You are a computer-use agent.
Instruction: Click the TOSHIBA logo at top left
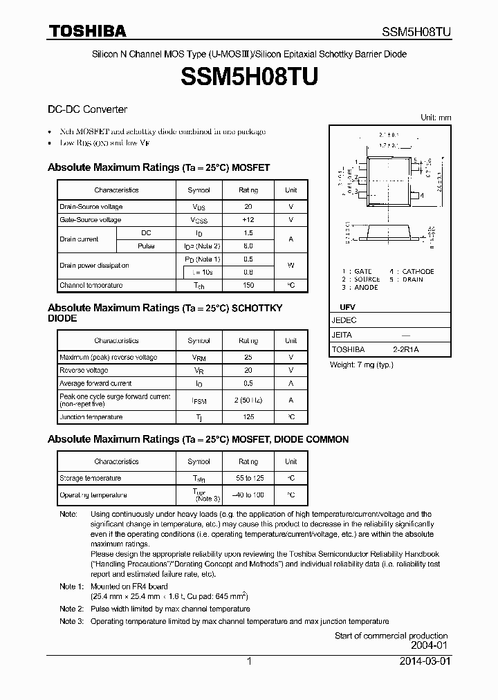click(87, 30)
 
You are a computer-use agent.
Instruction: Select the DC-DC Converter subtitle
click(87, 109)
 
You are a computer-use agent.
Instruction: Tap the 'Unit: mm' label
click(436, 118)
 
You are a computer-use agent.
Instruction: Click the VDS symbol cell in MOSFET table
click(199, 207)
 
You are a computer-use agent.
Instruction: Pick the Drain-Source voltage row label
click(91, 207)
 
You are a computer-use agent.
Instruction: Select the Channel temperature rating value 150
click(248, 285)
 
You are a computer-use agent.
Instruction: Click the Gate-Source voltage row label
click(91, 220)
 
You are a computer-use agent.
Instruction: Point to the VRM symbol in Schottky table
click(199, 358)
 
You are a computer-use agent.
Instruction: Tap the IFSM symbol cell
click(199, 400)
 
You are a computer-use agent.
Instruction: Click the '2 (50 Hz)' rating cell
click(248, 400)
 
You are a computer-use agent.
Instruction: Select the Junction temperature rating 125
click(248, 417)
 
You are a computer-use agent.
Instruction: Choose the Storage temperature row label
click(91, 478)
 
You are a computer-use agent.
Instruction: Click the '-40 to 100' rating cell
click(248, 495)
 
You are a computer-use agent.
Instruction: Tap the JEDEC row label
click(344, 320)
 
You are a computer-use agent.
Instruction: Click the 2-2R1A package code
click(405, 350)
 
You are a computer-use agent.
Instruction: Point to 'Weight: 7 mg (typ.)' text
click(364, 365)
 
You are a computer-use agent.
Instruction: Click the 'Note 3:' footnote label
click(71, 621)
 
